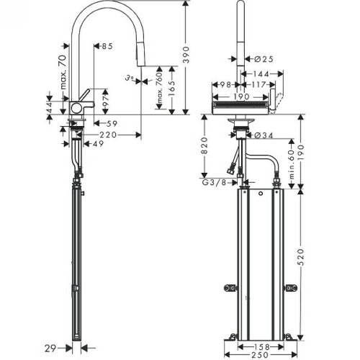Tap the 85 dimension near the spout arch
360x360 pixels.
107,48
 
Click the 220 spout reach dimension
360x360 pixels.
108,135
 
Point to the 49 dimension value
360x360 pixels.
95,143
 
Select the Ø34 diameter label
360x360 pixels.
262,135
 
